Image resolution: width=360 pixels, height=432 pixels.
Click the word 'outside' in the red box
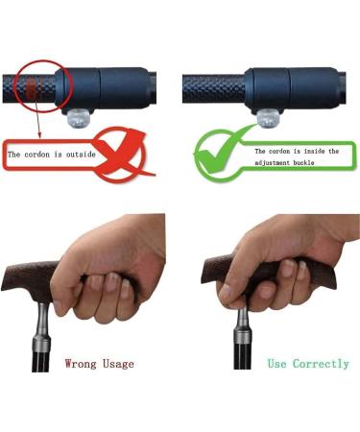pyautogui.click(x=81, y=155)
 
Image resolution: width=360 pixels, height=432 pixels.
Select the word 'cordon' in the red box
pyautogui.click(x=37, y=155)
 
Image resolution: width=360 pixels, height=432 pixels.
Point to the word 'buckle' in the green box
pyautogui.click(x=303, y=162)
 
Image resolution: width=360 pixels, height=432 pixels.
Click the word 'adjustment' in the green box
pyautogui.click(x=273, y=162)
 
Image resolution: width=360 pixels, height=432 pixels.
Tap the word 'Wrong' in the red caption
pyautogui.click(x=81, y=364)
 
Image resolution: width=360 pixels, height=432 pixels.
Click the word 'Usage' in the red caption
pyautogui.click(x=118, y=364)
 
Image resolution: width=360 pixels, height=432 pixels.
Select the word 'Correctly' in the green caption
pyautogui.click(x=321, y=364)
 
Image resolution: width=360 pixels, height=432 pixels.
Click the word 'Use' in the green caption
pyautogui.click(x=277, y=364)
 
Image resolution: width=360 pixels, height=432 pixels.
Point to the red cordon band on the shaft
pyautogui.click(x=32, y=88)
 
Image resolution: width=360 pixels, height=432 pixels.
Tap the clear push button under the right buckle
pyautogui.click(x=269, y=118)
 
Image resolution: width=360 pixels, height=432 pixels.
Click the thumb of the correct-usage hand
pyautogui.click(x=231, y=296)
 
